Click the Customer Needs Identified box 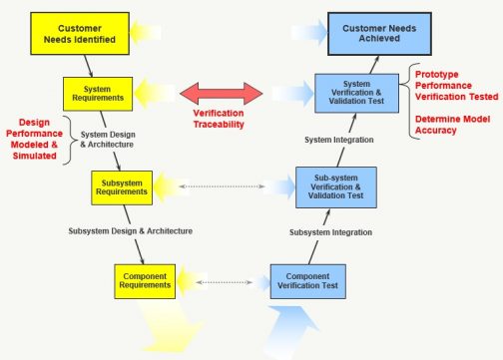[x=72, y=37]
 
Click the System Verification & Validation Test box [x=356, y=99]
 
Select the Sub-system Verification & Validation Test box [x=335, y=187]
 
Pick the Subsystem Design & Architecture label [x=130, y=230]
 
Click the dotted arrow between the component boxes [x=224, y=282]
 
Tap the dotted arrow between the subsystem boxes [x=235, y=186]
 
